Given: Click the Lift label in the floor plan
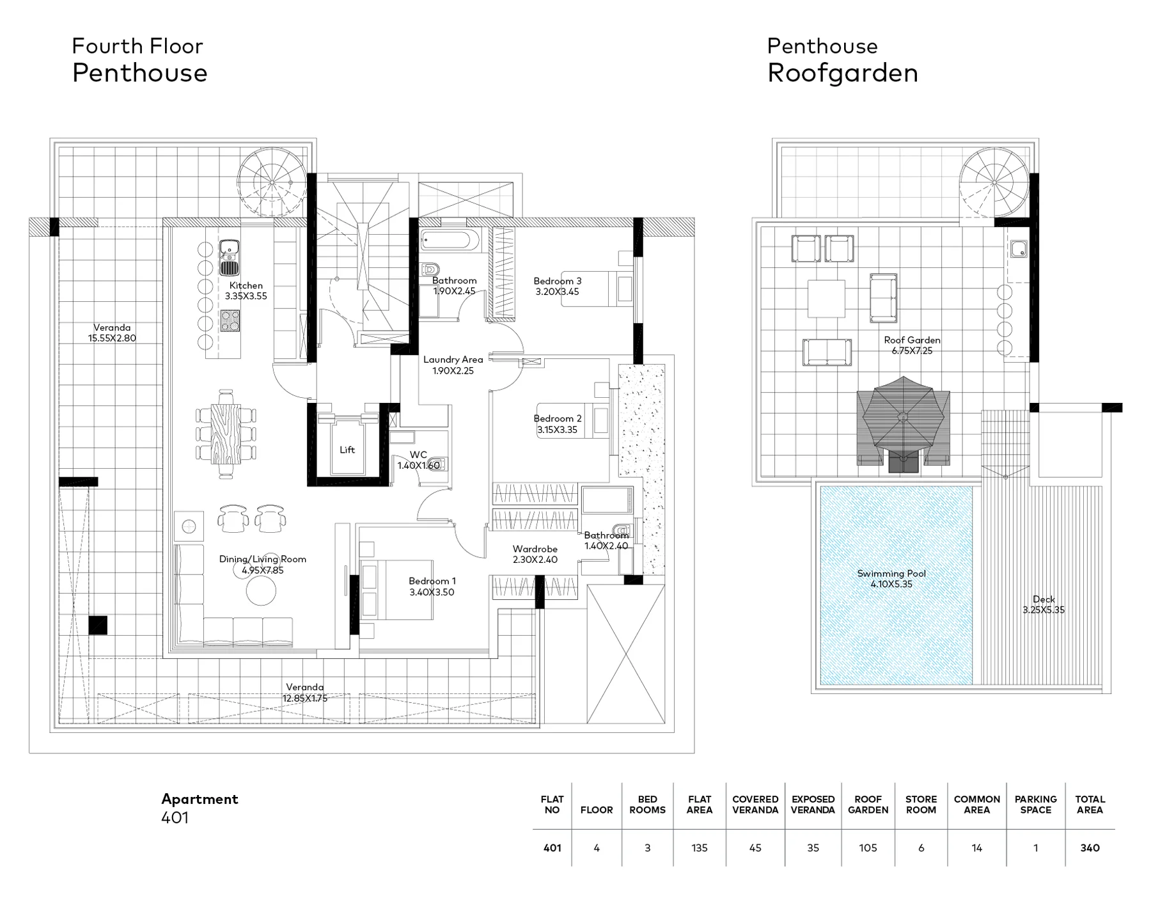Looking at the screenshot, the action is [347, 450].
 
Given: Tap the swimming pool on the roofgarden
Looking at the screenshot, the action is [896, 585].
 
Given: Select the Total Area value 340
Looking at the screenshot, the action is [1090, 847].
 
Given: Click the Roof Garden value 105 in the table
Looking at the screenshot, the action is [868, 847].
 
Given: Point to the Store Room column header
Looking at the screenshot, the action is [921, 804].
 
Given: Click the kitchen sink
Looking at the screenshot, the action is [229, 257].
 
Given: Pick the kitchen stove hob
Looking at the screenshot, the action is [230, 320].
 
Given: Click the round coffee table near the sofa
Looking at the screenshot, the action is [262, 590].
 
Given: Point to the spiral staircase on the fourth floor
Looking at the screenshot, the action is [272, 182].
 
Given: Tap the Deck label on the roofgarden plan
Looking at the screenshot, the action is [1044, 599].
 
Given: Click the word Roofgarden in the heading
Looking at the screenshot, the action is [842, 73].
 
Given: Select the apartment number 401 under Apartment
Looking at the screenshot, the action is [175, 817].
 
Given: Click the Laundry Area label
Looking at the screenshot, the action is [453, 359].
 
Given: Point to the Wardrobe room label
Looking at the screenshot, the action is [535, 549].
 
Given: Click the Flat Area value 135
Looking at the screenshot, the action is [700, 847].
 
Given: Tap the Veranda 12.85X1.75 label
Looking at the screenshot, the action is [305, 693].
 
